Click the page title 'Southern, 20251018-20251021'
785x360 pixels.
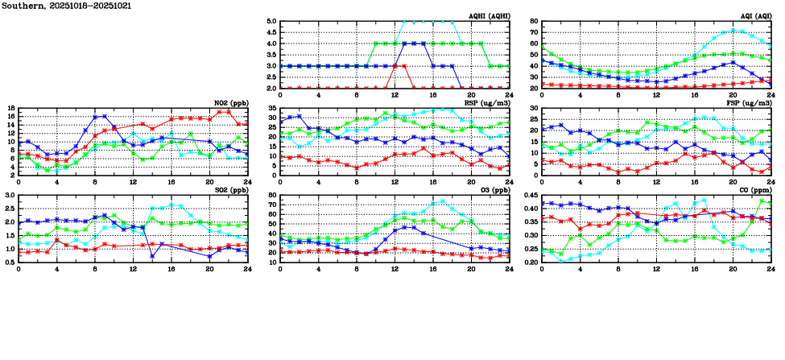click(67, 6)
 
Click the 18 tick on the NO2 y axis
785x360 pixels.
click(10, 108)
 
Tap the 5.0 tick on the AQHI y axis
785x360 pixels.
click(270, 22)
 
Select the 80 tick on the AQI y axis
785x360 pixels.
click(533, 22)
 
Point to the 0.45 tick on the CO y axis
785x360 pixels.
click(529, 195)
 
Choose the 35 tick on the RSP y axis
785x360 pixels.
click(271, 108)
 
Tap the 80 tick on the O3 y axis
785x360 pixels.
click(271, 195)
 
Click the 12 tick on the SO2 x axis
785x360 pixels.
click(133, 270)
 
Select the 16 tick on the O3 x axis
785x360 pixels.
click(432, 270)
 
